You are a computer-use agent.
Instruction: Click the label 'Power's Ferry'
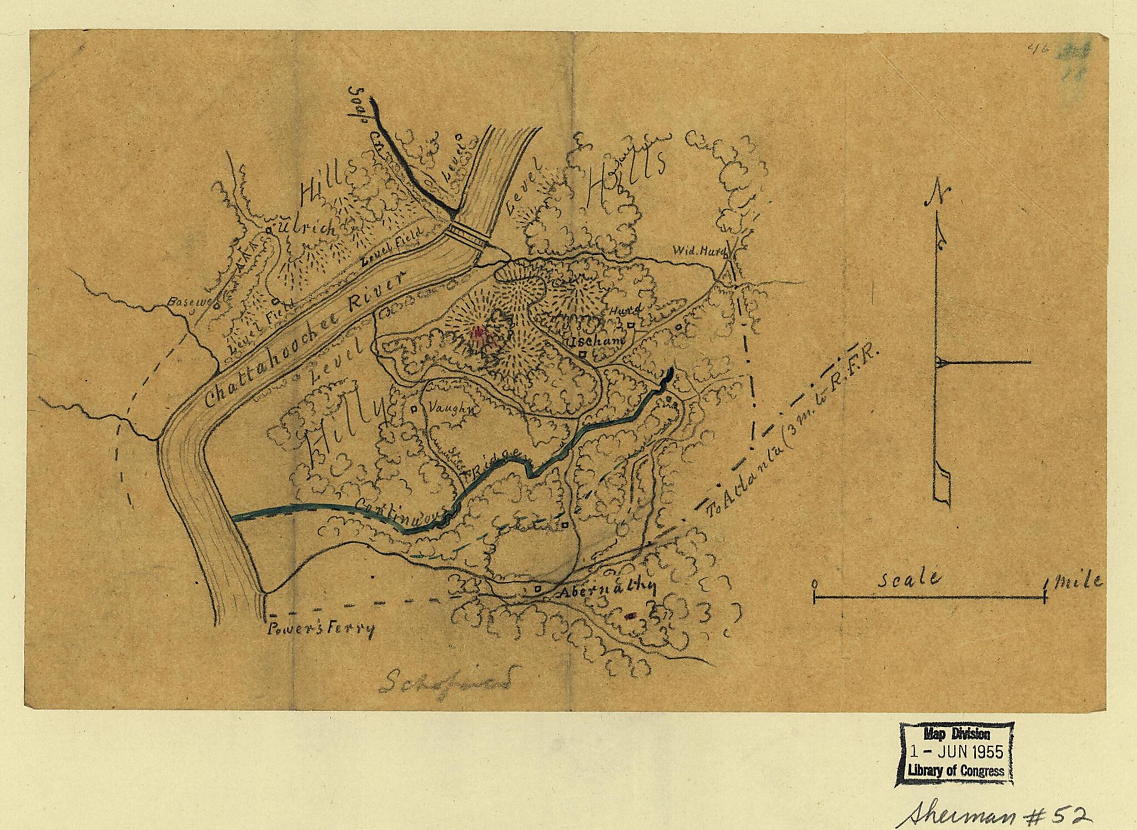pyautogui.click(x=321, y=630)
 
